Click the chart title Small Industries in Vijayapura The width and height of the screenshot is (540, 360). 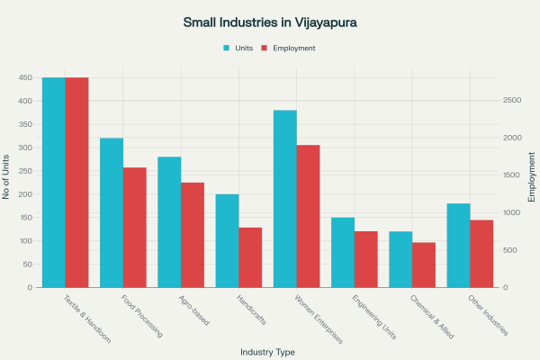point(269,21)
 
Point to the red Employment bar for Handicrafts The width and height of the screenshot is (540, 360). point(250,257)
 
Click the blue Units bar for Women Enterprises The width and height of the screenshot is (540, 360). point(285,199)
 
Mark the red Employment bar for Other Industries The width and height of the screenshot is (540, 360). point(481,254)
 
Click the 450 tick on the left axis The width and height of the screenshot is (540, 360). point(25,77)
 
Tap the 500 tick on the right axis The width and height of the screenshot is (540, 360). point(510,250)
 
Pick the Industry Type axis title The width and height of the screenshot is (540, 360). point(267,352)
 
